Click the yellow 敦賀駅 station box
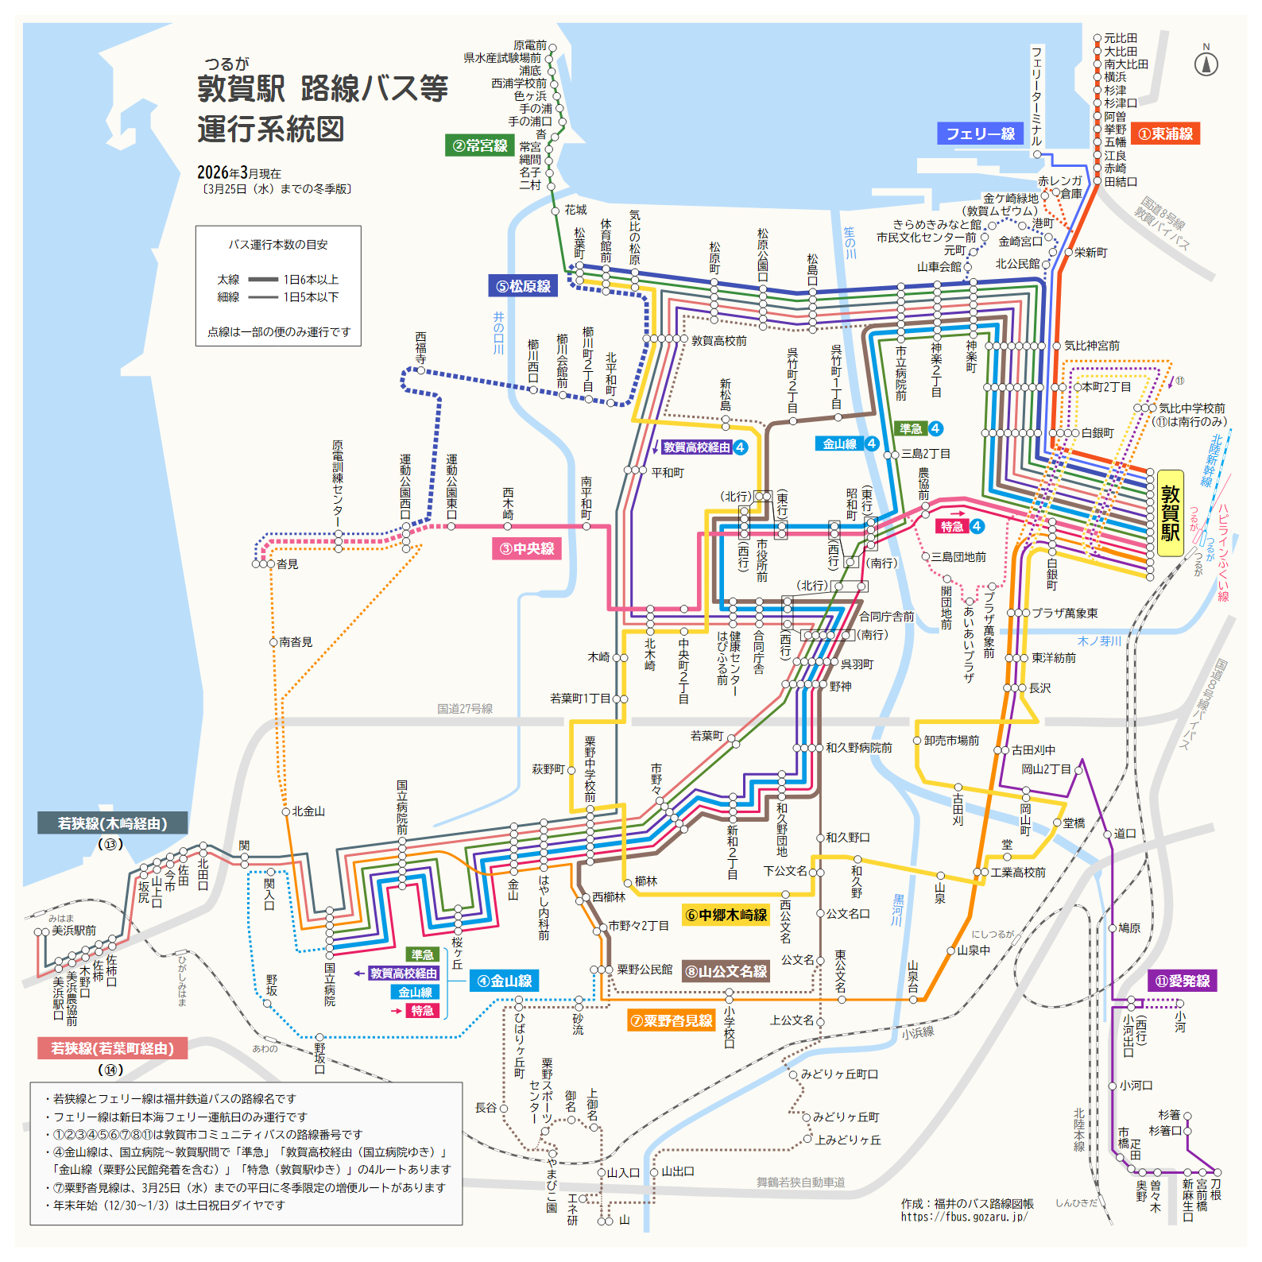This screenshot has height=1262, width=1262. coord(1170,513)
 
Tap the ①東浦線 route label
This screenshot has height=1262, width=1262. coord(1166,134)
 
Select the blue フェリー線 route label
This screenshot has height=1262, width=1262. coord(981,134)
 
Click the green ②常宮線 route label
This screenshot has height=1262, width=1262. coord(480,145)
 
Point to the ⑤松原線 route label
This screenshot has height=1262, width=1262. coord(523,286)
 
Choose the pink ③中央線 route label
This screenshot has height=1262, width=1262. coord(527,548)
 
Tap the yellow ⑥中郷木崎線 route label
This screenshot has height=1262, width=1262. coord(726,915)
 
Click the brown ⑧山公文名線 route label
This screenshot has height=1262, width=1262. coord(726,971)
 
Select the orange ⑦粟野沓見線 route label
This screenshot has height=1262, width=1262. coord(672,1020)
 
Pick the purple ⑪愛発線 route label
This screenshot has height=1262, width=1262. coord(1183,981)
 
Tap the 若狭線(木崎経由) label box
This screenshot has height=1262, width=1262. coord(112,823)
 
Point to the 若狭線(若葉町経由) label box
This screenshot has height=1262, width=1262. coord(112,1048)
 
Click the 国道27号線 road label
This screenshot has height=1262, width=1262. coord(465,709)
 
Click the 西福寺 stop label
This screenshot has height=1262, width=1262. coord(420,348)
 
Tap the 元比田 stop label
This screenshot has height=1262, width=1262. coord(1121,38)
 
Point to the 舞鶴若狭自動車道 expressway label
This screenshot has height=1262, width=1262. coord(800,1183)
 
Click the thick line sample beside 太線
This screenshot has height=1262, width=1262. coord(263,280)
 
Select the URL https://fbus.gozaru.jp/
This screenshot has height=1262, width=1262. coord(964,1217)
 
